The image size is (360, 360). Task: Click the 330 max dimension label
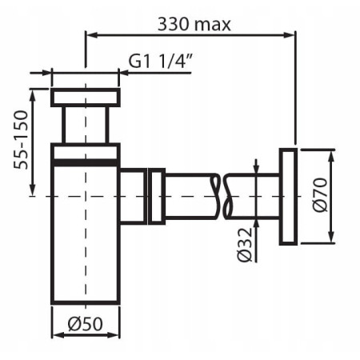click(194, 24)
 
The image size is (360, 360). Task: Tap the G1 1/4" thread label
click(160, 61)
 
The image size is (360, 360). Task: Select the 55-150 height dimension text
click(21, 140)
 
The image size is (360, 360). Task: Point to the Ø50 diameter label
click(85, 324)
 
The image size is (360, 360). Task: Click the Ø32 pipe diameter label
click(245, 245)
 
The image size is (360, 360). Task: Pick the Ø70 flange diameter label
click(320, 195)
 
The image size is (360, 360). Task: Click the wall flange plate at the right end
click(288, 197)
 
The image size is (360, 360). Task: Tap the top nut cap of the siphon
click(86, 98)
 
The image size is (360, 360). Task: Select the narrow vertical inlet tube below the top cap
click(86, 125)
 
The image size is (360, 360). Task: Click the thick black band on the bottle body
click(86, 162)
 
